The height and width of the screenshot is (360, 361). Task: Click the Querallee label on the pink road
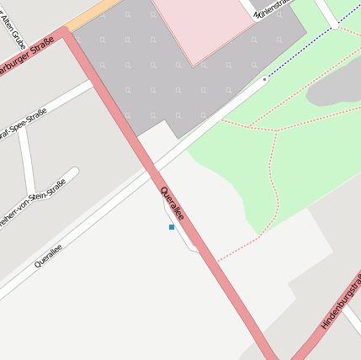tap(172, 204)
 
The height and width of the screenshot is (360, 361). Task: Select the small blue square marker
tap(172, 227)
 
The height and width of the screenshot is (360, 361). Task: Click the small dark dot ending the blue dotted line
tap(264, 79)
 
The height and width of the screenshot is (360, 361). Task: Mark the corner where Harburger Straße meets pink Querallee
tap(66, 34)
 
